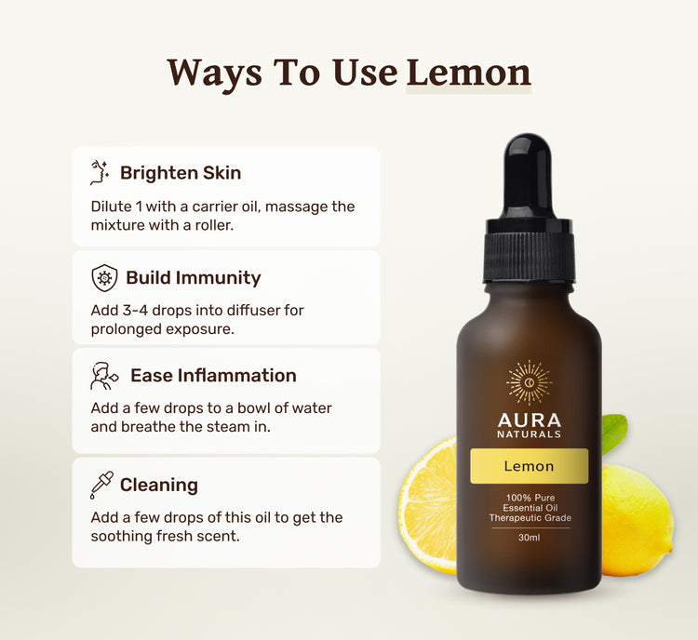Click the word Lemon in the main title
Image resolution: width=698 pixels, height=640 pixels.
pos(469,73)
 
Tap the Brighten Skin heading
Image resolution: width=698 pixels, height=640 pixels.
pos(181,173)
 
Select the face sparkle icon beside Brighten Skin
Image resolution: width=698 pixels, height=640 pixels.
pos(100,173)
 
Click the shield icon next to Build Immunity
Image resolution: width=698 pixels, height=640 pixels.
pos(104,278)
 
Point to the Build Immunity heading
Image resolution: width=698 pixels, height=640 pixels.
pos(194,278)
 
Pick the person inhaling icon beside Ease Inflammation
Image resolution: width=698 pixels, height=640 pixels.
pos(104,376)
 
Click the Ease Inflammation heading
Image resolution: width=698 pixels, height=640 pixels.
pos(213,376)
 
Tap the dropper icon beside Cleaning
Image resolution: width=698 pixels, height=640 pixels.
pos(101,486)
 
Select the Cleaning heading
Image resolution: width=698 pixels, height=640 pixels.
pos(159,486)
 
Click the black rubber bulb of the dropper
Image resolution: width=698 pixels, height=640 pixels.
pos(528,176)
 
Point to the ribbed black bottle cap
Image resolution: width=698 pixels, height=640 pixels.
pos(529,250)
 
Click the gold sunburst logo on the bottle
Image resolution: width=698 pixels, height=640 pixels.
pos(530,382)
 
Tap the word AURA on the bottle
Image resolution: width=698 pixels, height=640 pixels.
pos(530,420)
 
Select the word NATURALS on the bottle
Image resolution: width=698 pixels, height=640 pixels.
pos(530,434)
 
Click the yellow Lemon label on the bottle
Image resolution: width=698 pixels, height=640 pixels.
pos(530,466)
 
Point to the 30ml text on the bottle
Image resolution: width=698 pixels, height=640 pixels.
pos(530,538)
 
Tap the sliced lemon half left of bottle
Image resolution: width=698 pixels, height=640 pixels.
pos(428,505)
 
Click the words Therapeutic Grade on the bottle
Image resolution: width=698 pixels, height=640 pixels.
pos(530,518)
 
